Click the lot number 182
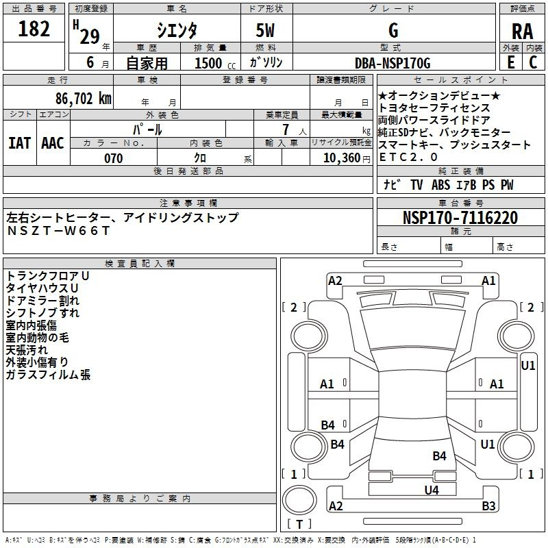(x=34, y=29)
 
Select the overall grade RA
(x=522, y=32)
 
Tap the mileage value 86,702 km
(x=84, y=99)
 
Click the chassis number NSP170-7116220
(x=460, y=217)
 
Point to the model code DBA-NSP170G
(x=393, y=63)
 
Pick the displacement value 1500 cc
(x=215, y=63)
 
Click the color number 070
(x=114, y=158)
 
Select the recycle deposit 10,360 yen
(x=347, y=158)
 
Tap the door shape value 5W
(x=265, y=30)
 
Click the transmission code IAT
(x=20, y=143)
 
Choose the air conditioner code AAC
(x=53, y=143)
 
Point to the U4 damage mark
(x=432, y=490)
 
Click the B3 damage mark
(x=488, y=506)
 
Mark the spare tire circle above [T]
(x=299, y=500)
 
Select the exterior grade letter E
(x=511, y=62)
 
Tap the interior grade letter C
(x=533, y=62)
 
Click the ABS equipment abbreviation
(x=440, y=184)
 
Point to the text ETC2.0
(x=408, y=157)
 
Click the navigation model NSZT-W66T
(x=58, y=231)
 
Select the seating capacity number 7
(x=286, y=129)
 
